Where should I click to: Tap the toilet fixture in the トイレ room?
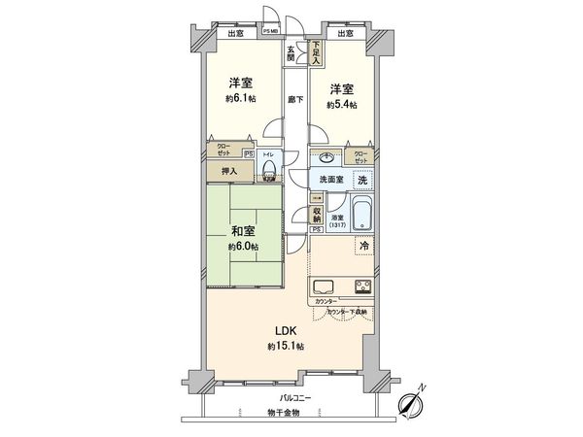270,173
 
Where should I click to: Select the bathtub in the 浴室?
362,211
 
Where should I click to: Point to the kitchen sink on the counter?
325,287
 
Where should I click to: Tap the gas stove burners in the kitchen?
361,287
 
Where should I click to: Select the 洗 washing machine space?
360,180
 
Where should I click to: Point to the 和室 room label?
243,232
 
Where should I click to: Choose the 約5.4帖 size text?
342,105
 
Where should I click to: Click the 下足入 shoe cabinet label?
317,50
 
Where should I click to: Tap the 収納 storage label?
317,214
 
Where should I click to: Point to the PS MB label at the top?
271,32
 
